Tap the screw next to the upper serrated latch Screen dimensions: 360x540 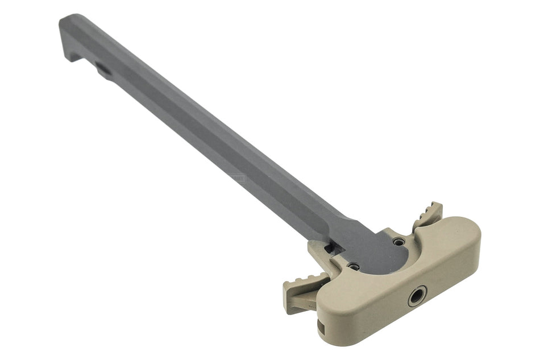[x=400, y=242]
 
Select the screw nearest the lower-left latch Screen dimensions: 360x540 [x=354, y=266]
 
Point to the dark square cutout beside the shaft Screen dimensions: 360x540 [x=329, y=248]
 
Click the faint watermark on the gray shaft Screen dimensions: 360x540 [x=239, y=178]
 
